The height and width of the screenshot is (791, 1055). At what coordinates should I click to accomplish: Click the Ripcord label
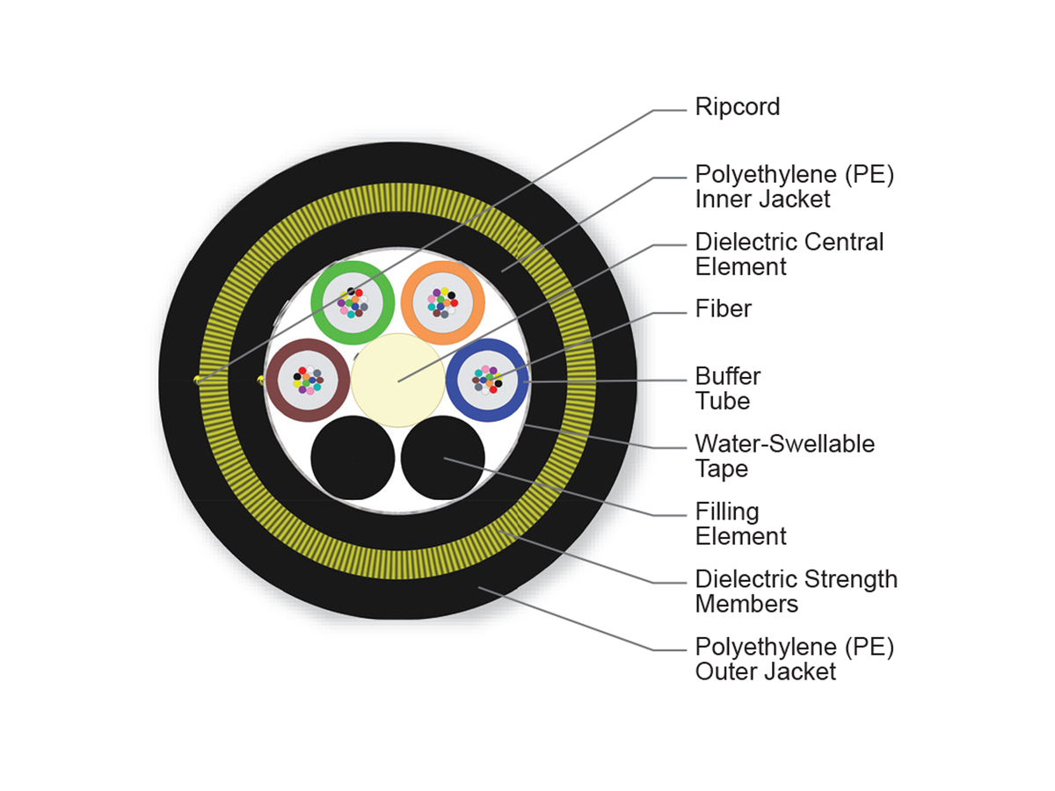point(737,107)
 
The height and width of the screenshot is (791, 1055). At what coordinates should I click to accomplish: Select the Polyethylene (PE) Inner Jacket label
point(794,186)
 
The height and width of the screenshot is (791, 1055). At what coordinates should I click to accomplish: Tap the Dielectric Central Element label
point(789,254)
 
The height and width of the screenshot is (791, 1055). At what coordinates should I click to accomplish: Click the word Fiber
point(723,308)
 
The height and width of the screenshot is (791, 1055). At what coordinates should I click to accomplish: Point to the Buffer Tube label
point(727,388)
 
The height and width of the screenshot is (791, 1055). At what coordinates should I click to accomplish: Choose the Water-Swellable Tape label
point(784,456)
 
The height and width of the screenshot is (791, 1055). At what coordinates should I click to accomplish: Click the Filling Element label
point(740,524)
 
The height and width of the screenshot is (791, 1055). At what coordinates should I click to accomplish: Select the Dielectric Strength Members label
point(796,591)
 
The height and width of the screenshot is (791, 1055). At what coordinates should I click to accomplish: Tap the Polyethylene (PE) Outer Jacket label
point(794,659)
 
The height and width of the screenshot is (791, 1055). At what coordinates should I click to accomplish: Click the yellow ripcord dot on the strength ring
point(197,380)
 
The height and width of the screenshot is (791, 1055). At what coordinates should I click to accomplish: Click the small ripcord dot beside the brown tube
point(260,380)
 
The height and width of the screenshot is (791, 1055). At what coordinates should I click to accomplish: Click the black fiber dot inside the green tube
point(352,291)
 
